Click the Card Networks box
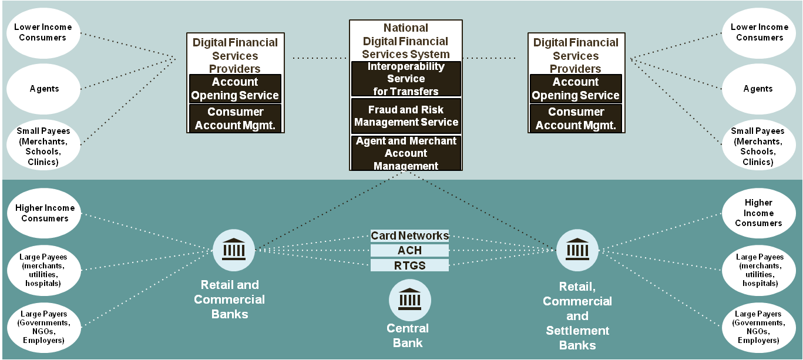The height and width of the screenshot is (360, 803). click(x=409, y=235)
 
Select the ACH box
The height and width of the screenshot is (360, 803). click(x=409, y=251)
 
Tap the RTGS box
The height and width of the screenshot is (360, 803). click(x=409, y=265)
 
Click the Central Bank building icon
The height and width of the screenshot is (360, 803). click(x=409, y=300)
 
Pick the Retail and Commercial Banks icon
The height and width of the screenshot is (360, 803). click(x=234, y=250)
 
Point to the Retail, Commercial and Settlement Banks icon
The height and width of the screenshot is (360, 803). click(x=577, y=250)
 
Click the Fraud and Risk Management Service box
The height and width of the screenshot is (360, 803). click(x=406, y=116)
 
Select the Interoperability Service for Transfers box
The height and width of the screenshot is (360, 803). click(x=406, y=79)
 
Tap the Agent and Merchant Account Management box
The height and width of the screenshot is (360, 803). click(x=406, y=153)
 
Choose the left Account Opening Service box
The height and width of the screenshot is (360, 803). click(x=235, y=89)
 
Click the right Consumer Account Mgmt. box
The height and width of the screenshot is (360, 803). click(x=576, y=118)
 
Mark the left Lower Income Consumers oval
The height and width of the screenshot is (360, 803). click(x=43, y=32)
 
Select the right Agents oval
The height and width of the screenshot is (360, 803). click(x=758, y=89)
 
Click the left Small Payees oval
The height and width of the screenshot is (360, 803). click(x=43, y=146)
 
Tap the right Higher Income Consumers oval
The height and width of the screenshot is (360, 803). click(x=758, y=213)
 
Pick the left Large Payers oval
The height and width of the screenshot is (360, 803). click(x=43, y=327)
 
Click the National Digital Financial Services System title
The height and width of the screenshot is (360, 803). click(x=406, y=41)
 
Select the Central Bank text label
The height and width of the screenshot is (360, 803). click(x=408, y=335)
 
